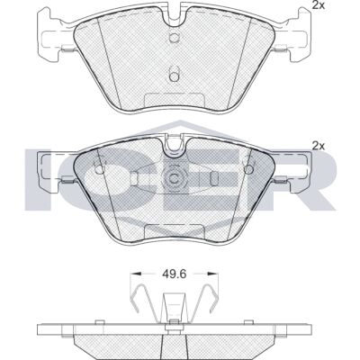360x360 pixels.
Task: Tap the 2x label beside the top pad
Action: (x=319, y=5)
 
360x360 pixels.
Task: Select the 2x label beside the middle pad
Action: (x=319, y=146)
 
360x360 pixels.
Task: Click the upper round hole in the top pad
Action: (x=174, y=37)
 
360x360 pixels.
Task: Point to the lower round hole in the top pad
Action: (x=174, y=76)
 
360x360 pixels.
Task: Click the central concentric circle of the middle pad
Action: (x=174, y=178)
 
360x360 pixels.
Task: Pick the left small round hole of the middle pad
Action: (x=99, y=169)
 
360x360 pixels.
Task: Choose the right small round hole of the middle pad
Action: (x=248, y=169)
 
